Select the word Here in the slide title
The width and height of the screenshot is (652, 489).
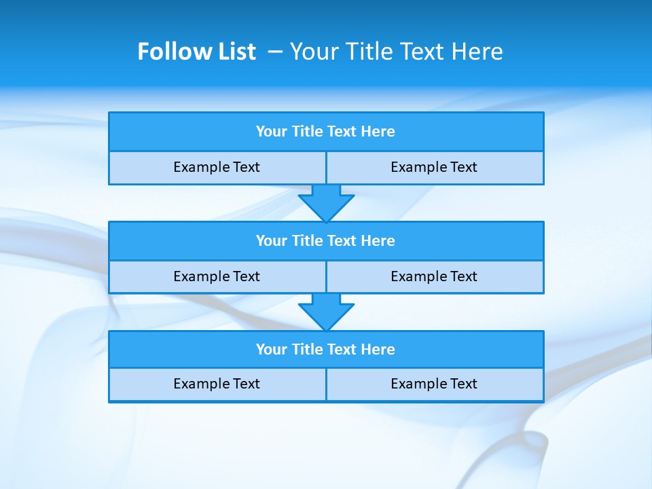click(477, 52)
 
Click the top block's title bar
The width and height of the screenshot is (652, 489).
click(326, 132)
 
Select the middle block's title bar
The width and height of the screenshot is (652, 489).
click(326, 241)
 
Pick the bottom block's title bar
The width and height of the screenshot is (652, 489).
click(326, 350)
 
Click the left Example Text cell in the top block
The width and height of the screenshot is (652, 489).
click(217, 168)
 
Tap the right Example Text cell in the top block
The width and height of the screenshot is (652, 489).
click(435, 168)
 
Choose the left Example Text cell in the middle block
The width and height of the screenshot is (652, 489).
click(217, 277)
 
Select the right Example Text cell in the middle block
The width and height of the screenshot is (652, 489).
click(435, 277)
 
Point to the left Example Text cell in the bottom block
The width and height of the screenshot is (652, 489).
click(217, 384)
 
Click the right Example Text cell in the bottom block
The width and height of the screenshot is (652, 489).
click(435, 384)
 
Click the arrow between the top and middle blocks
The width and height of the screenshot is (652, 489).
click(326, 202)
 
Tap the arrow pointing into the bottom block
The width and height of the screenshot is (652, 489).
click(326, 312)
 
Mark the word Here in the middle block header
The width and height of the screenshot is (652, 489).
click(378, 241)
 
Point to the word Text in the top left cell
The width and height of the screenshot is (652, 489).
click(247, 168)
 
